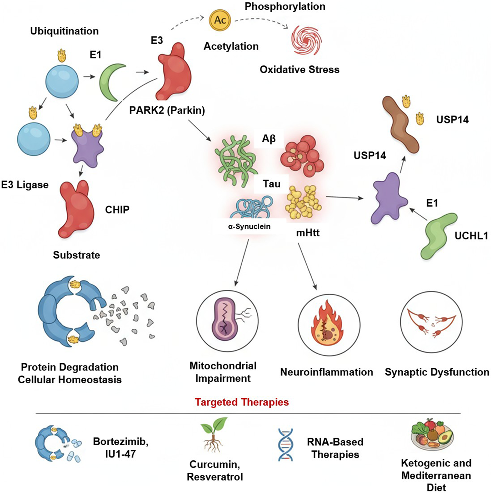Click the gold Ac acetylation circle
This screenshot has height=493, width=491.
[x=220, y=20]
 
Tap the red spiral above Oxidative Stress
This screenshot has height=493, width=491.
[x=306, y=40]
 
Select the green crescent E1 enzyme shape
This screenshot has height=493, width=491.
[x=111, y=82]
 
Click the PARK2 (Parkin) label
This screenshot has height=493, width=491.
[x=167, y=110]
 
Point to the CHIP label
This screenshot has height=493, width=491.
[x=117, y=210]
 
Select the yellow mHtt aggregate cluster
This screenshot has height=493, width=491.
[x=303, y=201]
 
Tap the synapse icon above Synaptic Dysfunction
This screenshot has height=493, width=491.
[x=431, y=323]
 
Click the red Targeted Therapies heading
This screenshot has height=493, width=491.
[x=242, y=402]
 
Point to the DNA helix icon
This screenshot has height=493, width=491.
[x=285, y=444]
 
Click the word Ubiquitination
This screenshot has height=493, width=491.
[x=64, y=31]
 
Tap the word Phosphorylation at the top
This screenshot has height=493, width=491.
[x=285, y=6]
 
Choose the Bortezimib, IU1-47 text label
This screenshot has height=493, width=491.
[x=120, y=448]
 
